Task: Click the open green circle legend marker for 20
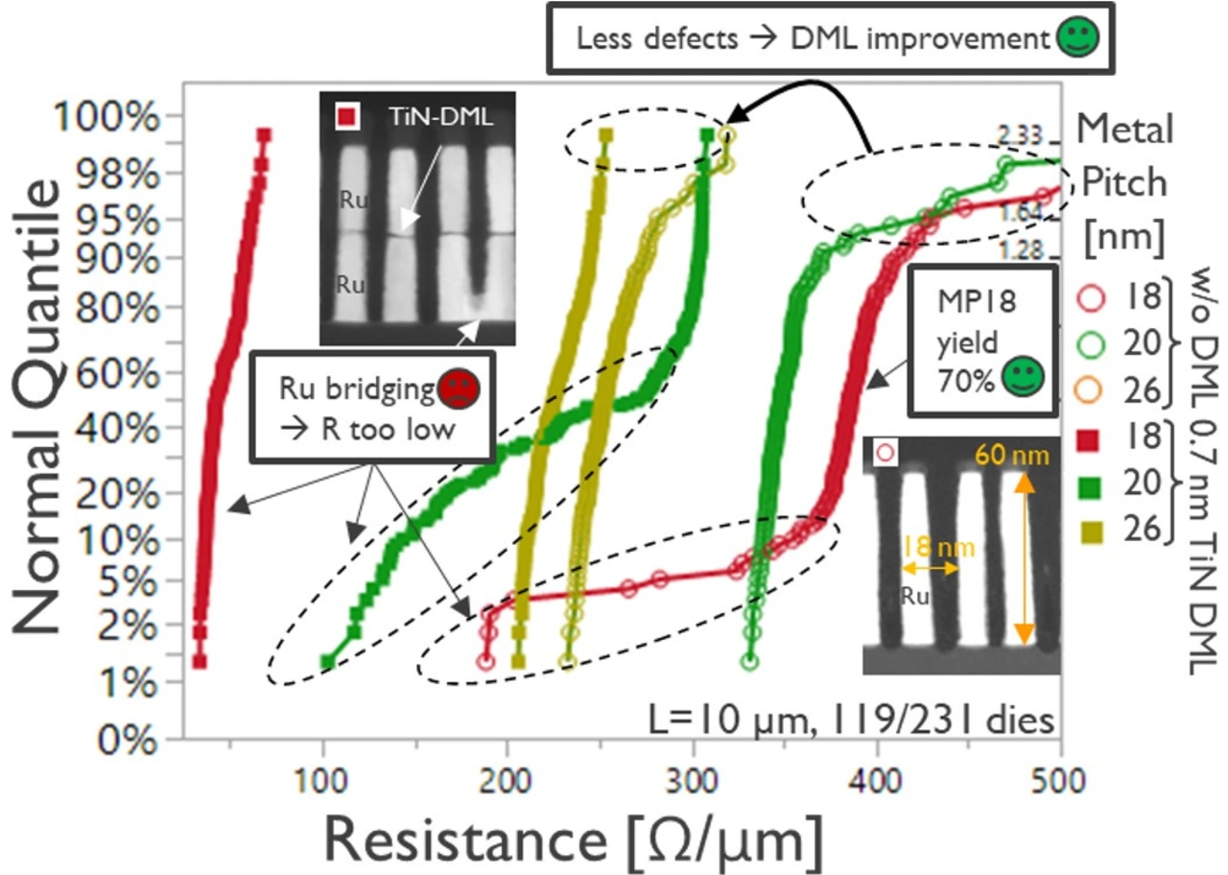click(x=1088, y=342)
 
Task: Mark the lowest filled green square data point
click(x=327, y=661)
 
